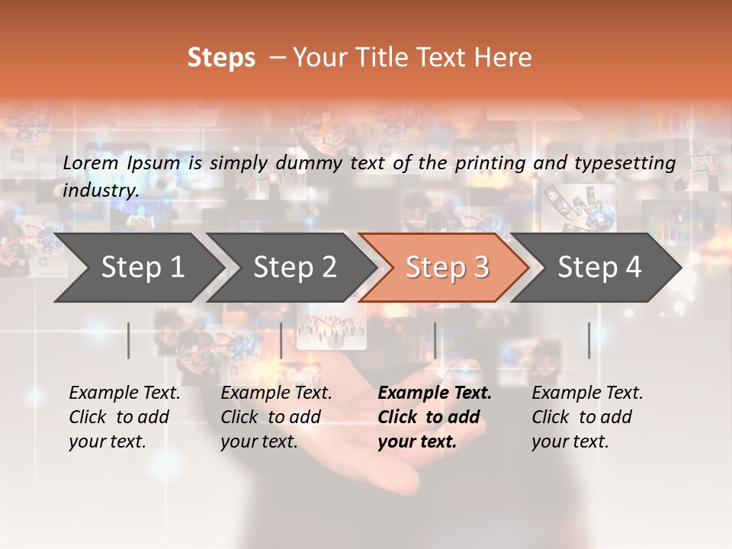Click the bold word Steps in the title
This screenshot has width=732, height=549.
(x=221, y=58)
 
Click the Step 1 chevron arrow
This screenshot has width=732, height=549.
(x=142, y=268)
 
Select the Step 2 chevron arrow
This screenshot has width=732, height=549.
(x=294, y=268)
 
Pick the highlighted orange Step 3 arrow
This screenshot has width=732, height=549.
(x=447, y=268)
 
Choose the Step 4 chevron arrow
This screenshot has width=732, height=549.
(x=599, y=268)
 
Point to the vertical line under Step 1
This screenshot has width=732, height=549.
(x=128, y=340)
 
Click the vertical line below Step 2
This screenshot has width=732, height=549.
(x=281, y=340)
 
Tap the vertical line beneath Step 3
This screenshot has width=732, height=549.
(x=435, y=340)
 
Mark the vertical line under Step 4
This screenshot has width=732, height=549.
(x=589, y=340)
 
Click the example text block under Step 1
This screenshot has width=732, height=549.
(x=124, y=417)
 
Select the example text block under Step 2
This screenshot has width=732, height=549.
(x=276, y=417)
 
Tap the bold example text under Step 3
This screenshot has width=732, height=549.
(x=435, y=417)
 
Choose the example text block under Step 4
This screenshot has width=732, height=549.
(x=587, y=417)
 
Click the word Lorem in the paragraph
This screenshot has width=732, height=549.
(x=90, y=163)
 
